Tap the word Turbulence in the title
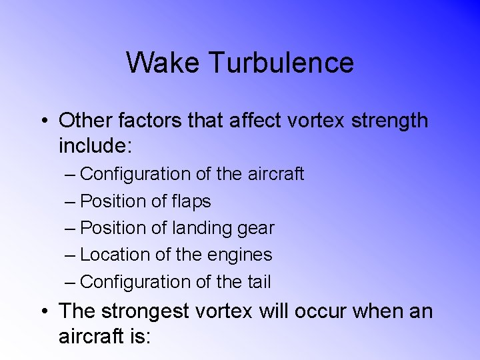click(281, 63)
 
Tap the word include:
click(96, 145)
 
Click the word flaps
click(191, 201)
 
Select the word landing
click(203, 229)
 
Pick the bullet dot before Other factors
click(43, 121)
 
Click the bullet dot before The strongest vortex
click(43, 311)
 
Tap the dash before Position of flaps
click(71, 202)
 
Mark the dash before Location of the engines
click(71, 255)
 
